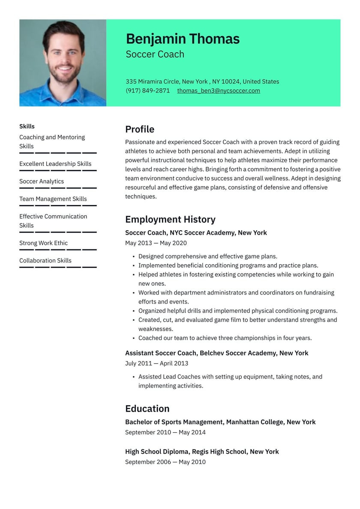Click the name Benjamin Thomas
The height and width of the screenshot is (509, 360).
tap(183, 39)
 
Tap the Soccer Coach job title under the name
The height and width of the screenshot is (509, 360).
tap(155, 54)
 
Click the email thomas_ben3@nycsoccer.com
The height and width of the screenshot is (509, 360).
tap(219, 90)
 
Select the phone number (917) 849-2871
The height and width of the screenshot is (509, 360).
tap(147, 90)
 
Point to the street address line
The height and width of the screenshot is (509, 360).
tap(202, 81)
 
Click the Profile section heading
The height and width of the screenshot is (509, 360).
tap(140, 129)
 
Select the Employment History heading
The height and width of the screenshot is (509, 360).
tap(170, 219)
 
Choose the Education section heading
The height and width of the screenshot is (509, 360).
tap(147, 408)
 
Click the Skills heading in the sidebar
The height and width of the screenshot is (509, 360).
tap(27, 126)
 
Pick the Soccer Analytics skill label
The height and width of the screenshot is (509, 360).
tap(42, 181)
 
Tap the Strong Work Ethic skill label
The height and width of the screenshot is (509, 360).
tap(43, 243)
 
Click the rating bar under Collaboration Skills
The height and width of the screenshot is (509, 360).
tap(58, 267)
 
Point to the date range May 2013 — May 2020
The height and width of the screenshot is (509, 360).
tap(156, 243)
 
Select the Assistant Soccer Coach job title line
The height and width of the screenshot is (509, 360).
tap(216, 353)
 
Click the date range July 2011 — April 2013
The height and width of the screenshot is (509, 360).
tap(156, 363)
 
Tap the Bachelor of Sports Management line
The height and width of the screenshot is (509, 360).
tap(220, 422)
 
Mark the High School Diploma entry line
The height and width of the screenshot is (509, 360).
tap(202, 452)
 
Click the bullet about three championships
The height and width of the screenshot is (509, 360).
tap(225, 338)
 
